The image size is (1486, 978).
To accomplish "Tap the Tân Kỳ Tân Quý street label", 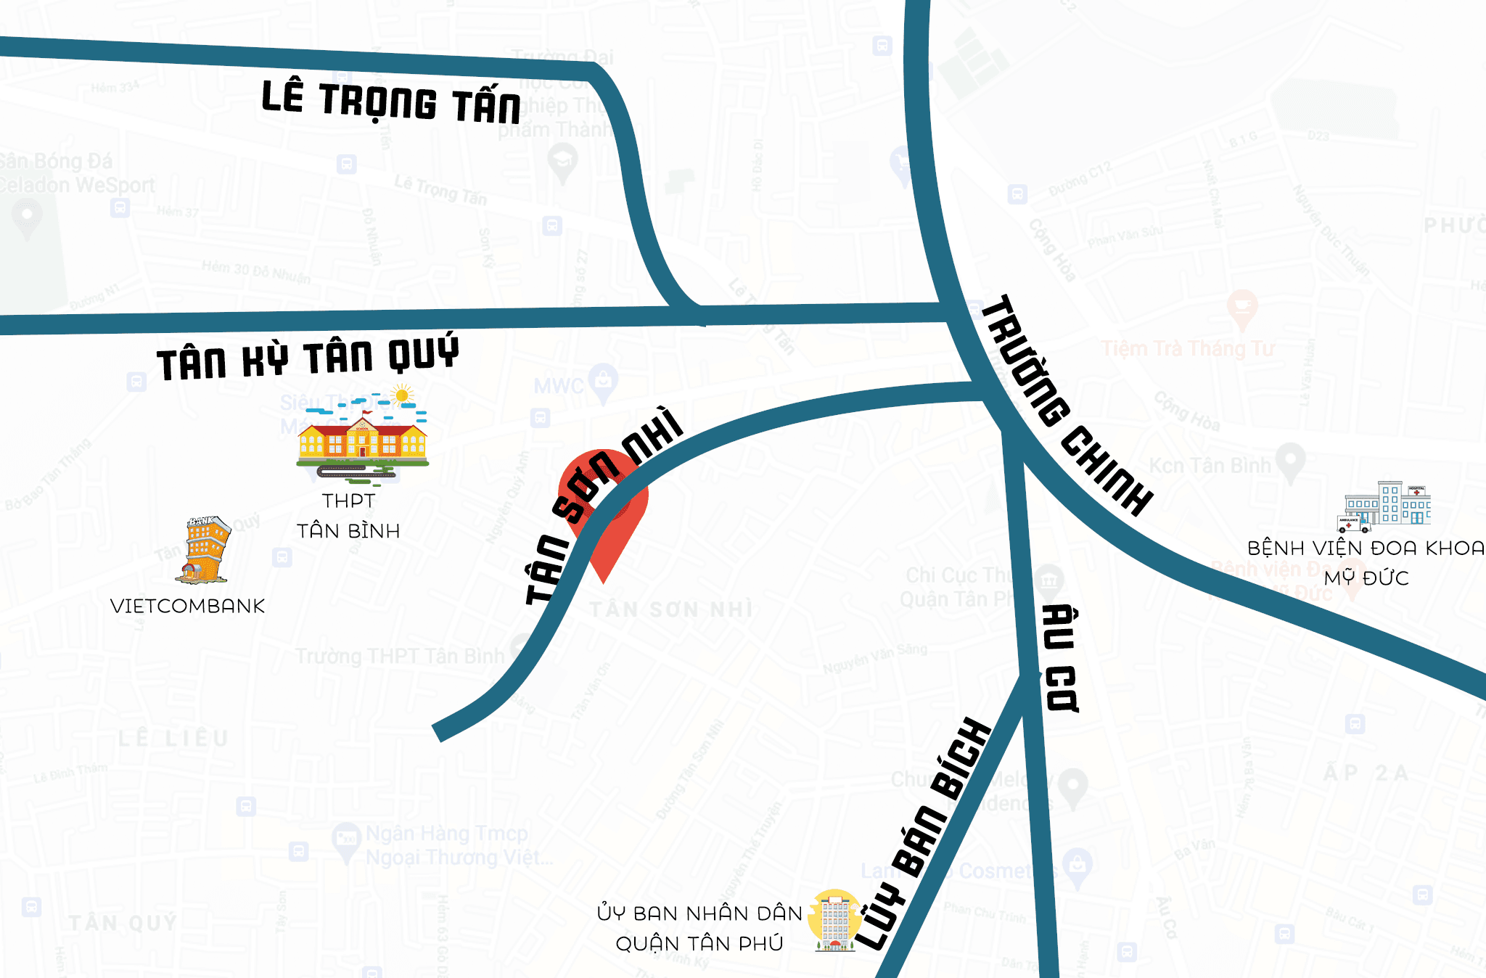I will pos(307,357).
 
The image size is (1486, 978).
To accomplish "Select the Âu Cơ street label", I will pos(1059,657).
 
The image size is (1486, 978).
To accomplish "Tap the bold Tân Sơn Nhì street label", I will pos(602,505).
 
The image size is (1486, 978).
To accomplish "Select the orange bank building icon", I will pos(205,550).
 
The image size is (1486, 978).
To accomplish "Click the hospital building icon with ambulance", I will pos(1384,505).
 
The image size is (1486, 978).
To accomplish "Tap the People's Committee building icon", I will pos(835,920).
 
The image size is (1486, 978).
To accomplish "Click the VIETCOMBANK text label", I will pos(187,606).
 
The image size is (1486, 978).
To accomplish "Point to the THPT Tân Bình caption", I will pos(348,516).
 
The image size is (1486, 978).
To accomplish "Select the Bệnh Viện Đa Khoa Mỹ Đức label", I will pos(1366,562).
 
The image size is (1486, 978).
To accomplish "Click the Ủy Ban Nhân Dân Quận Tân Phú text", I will pos(699,928).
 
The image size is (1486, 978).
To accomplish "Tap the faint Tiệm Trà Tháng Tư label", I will pos(1188,349).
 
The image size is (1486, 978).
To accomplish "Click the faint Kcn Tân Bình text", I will pos(1210,465).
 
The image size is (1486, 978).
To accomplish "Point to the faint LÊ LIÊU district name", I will pos(173,739).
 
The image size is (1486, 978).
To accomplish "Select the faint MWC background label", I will pos(559,385).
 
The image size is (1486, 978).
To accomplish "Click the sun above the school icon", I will pos(401,395).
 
